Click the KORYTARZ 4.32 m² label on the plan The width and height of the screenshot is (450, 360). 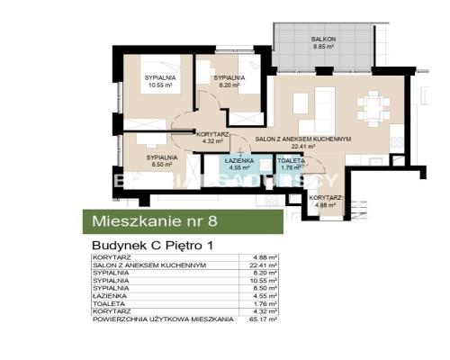212,138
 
